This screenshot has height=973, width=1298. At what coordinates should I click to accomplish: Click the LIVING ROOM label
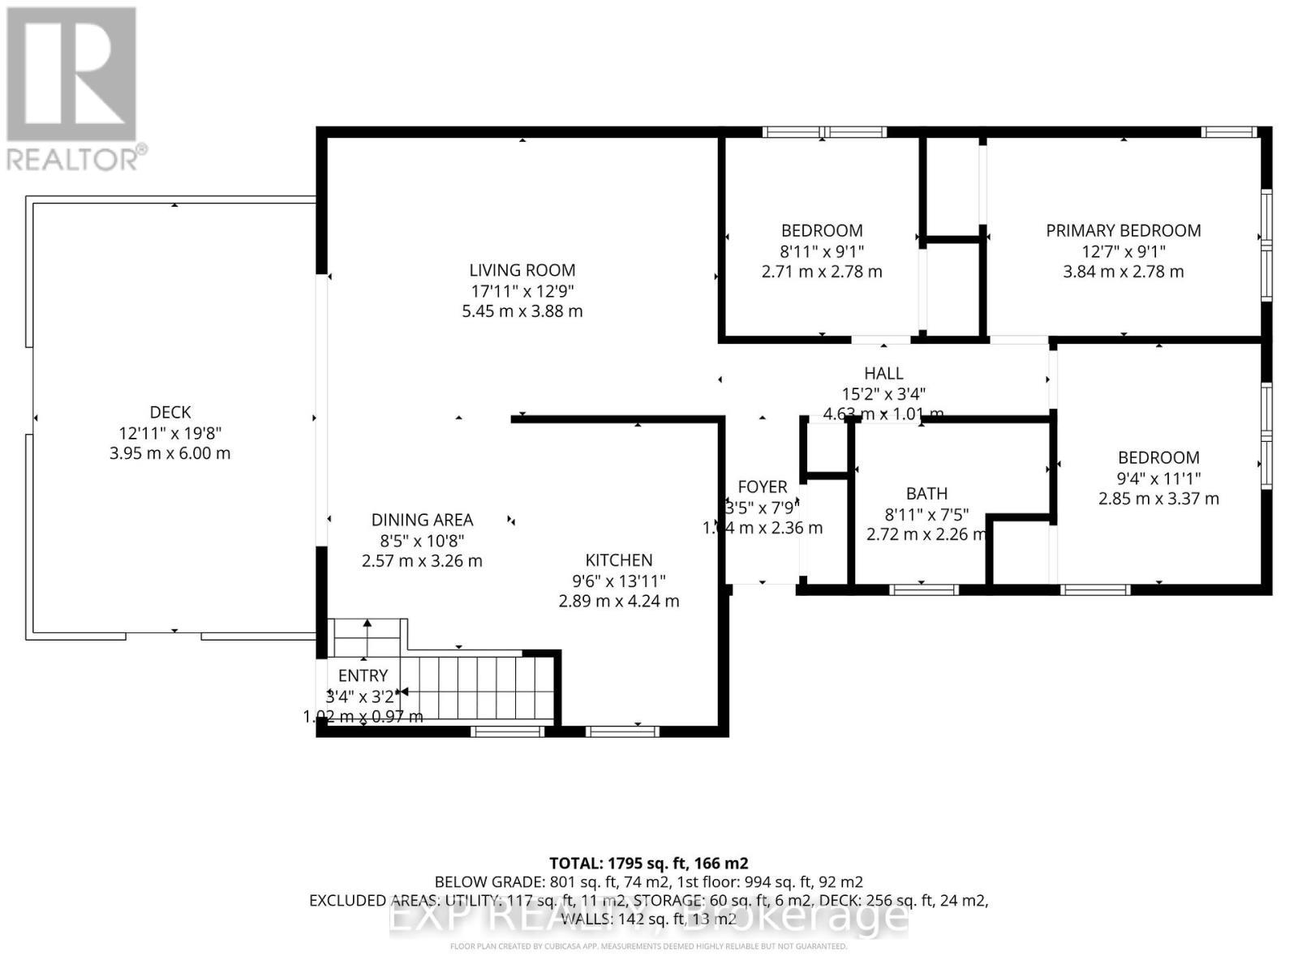pos(522,270)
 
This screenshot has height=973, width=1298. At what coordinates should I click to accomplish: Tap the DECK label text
pos(170,412)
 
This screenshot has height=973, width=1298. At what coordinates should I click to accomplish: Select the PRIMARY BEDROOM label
pos(1123,230)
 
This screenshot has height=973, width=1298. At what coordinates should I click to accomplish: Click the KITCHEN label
pos(619,560)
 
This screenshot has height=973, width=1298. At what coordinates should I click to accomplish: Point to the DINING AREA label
pos(422,520)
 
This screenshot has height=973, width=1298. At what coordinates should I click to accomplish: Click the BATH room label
pos(926,494)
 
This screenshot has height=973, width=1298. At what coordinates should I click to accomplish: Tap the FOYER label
pos(762,486)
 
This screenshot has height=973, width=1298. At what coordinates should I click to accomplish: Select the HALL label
pos(883,373)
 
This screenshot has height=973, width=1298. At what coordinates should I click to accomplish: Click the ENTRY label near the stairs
pos(363,675)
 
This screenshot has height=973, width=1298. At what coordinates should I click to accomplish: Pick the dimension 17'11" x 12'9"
pos(522,290)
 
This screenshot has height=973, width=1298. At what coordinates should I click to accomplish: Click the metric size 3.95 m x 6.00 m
pos(170,453)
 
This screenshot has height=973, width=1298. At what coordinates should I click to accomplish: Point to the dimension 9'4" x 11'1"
pos(1158,478)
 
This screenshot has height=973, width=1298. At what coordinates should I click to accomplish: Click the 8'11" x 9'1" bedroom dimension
pos(822,251)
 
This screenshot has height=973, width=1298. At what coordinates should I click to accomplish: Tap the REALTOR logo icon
pos(71,75)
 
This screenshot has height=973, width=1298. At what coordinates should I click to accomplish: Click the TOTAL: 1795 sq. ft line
pos(648,863)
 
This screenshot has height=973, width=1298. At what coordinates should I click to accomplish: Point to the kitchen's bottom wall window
pos(622,731)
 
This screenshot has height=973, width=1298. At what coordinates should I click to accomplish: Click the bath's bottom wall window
pos(924,589)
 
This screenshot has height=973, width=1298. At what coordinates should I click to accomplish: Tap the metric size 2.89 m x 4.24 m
pos(619,602)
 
